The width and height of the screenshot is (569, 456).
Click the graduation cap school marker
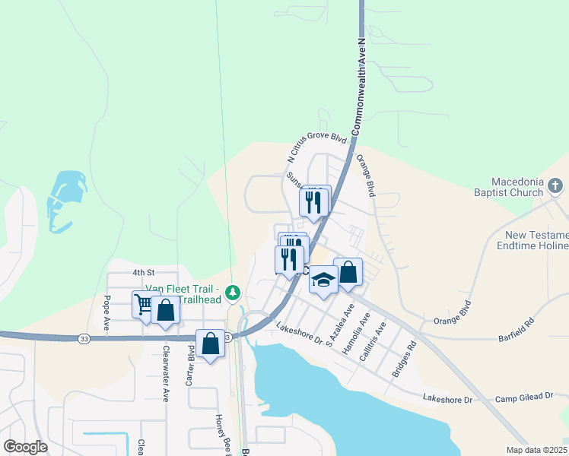tap(323, 280)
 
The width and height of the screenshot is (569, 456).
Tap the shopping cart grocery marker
tap(143, 305)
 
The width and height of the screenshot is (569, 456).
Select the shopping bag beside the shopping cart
tap(165, 311)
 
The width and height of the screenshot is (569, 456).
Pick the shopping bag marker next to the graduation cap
tap(348, 273)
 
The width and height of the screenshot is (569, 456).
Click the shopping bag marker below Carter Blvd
tap(211, 344)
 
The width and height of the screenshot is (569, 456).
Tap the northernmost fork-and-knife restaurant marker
tap(315, 201)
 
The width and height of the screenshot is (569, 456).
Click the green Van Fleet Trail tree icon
tap(234, 292)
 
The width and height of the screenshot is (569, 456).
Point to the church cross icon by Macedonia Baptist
tap(555, 186)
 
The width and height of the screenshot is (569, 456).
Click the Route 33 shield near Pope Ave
tap(83, 338)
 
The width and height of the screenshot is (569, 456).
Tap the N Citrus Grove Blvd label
tap(317, 149)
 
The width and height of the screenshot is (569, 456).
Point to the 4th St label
tap(143, 271)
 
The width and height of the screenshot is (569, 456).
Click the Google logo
tap(26, 446)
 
